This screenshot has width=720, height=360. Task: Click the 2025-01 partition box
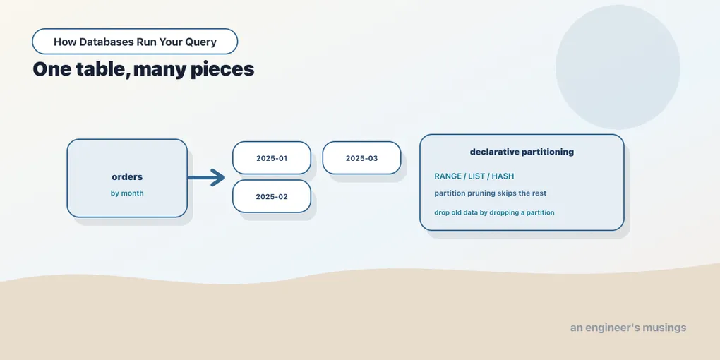(272, 158)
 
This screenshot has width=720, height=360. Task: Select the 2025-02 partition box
(272, 196)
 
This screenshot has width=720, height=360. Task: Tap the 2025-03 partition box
(362, 158)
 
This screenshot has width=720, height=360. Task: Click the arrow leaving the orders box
(206, 178)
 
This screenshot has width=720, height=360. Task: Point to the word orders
(127, 176)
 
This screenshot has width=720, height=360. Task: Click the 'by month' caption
(127, 193)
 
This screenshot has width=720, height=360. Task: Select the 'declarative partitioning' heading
(522, 152)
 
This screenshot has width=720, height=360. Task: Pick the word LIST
(477, 176)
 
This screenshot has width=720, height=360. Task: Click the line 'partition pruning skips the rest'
(491, 193)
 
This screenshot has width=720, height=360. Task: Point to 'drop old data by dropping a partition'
(495, 212)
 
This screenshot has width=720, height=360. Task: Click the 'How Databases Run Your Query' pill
(135, 42)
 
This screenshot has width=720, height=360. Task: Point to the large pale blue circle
(618, 67)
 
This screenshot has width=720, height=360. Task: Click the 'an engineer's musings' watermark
(628, 328)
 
